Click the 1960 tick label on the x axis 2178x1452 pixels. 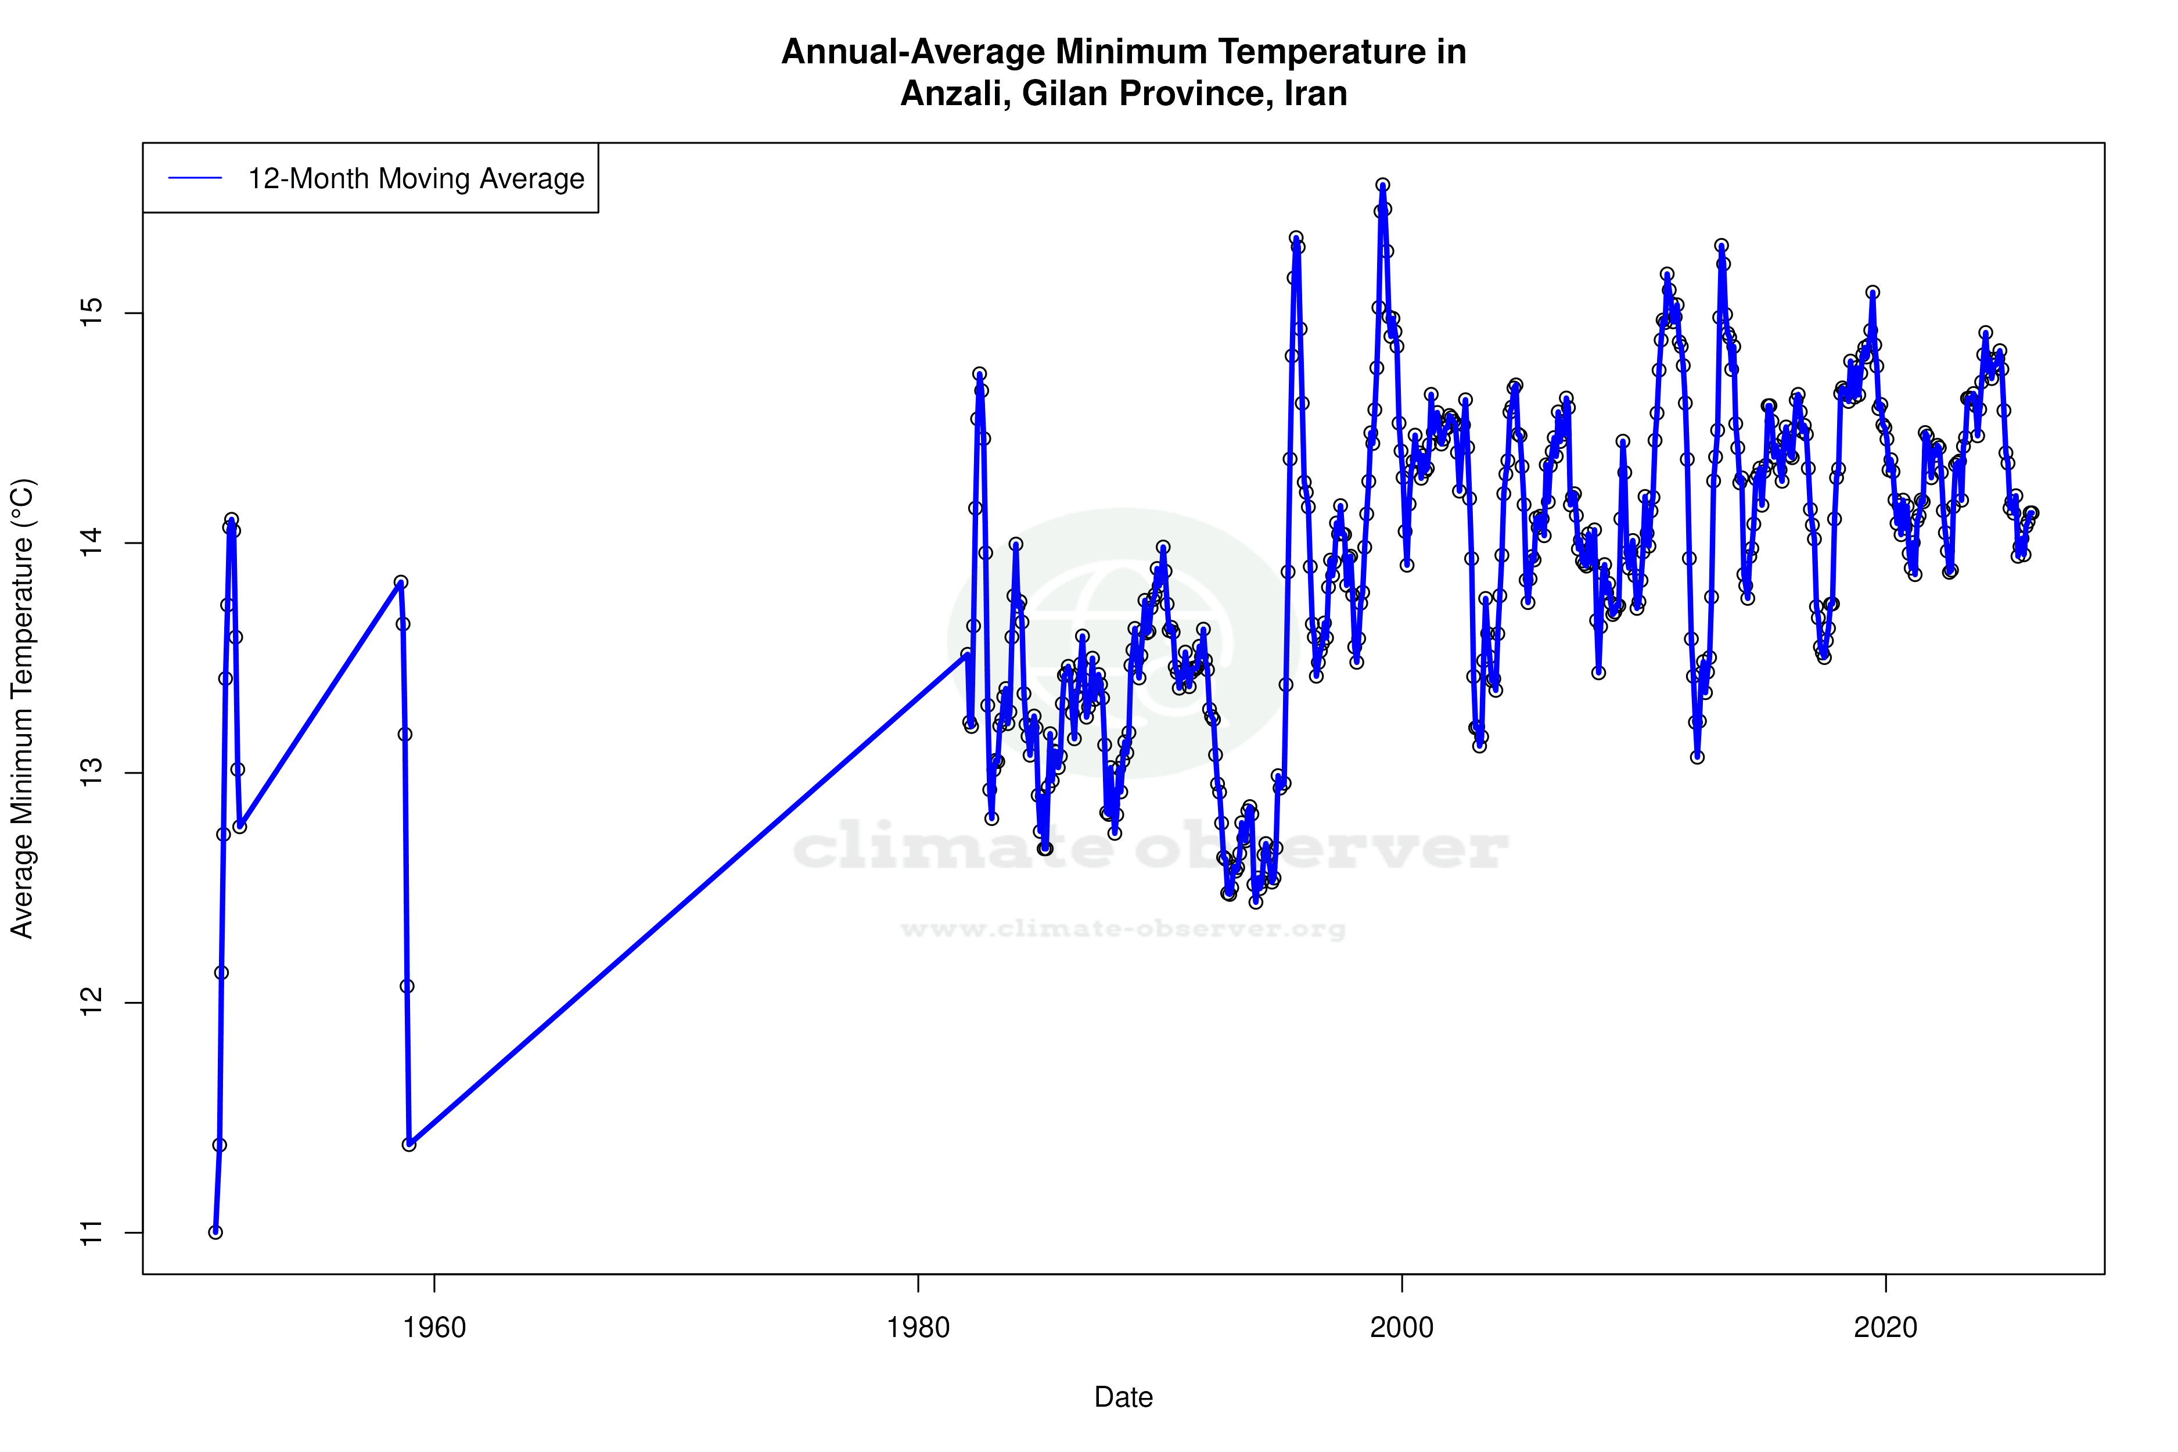tap(434, 1328)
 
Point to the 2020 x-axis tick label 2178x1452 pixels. tap(1885, 1328)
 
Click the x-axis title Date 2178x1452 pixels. tap(1123, 1397)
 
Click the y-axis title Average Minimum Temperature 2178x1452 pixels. tap(21, 709)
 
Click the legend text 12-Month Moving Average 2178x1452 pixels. tap(416, 179)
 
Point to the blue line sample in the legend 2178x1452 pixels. tap(195, 179)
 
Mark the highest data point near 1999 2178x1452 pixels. tap(1382, 185)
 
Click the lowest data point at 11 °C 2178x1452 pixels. tap(215, 1232)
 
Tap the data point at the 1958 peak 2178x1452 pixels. tap(401, 583)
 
